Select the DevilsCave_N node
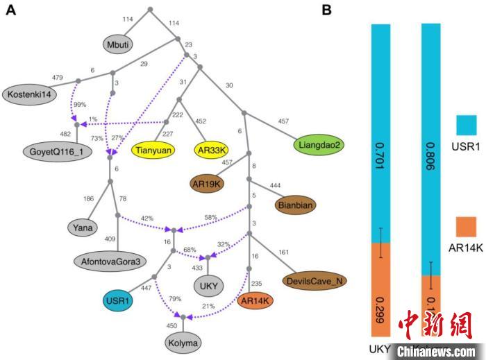(x=315, y=280)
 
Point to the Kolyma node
(x=184, y=343)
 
